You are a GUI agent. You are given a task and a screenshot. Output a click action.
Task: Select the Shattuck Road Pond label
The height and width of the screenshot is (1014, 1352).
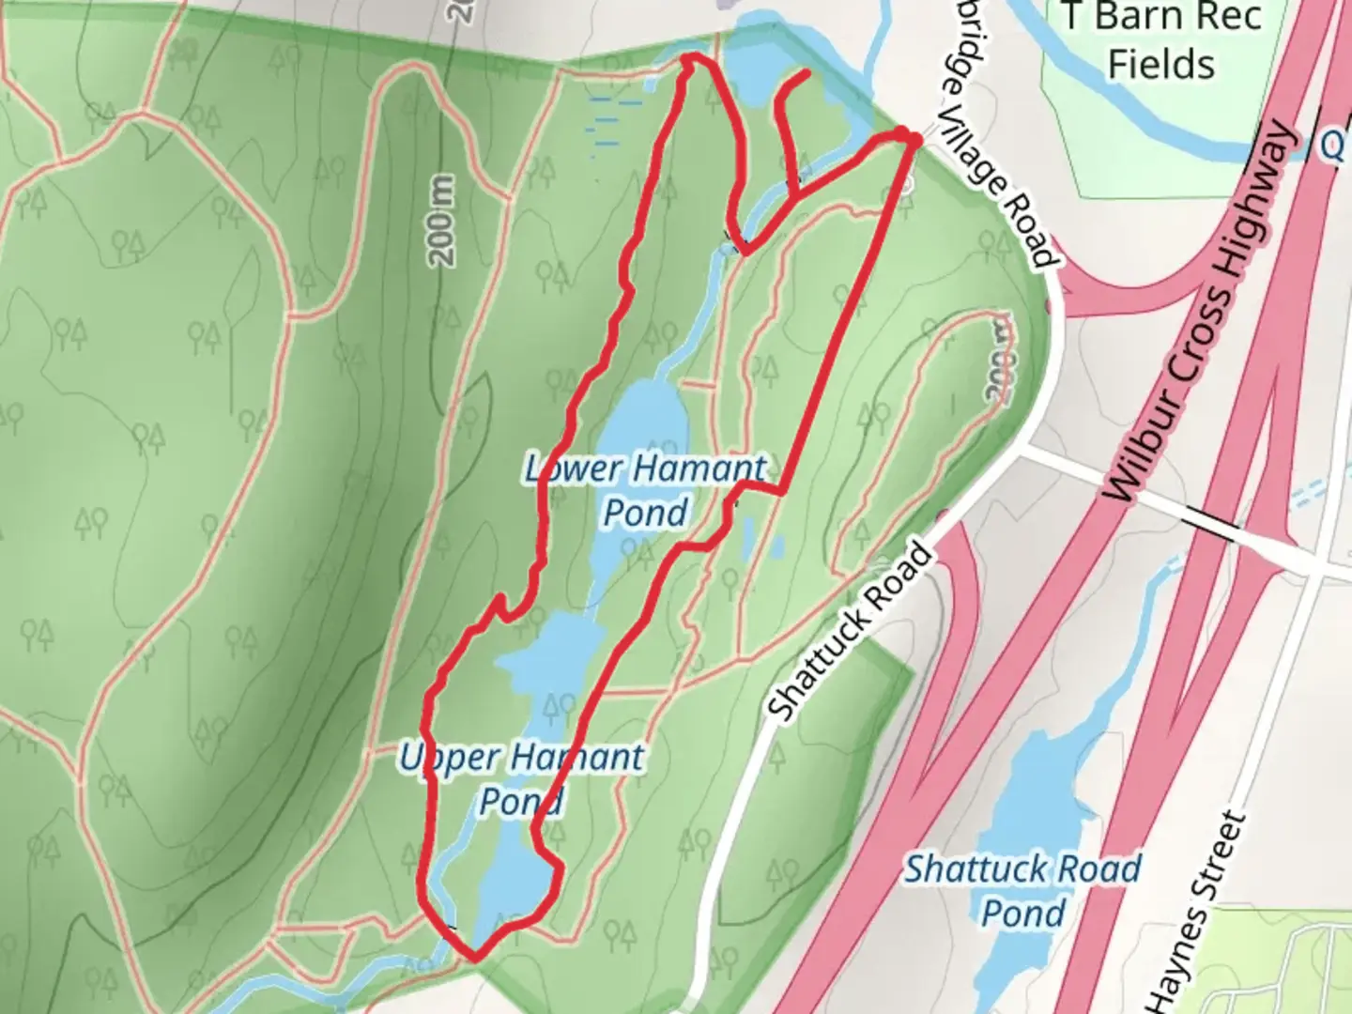coord(1022,890)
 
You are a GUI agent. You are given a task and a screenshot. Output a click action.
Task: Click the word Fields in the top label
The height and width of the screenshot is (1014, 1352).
coord(1160,64)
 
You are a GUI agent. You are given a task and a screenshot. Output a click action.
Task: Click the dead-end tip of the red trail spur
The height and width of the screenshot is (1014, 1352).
coord(807,72)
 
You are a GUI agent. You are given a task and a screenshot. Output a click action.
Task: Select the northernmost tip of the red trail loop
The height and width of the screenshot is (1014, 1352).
coord(690,59)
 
